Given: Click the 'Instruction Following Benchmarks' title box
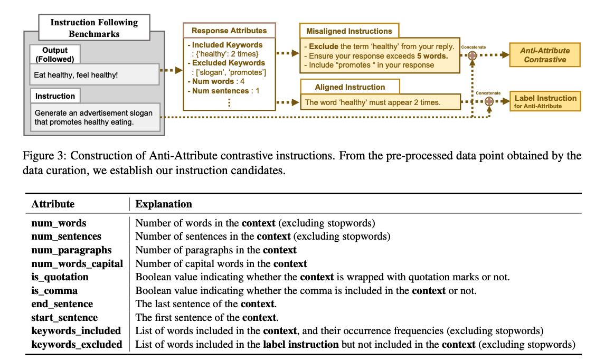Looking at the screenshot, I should pos(93,28).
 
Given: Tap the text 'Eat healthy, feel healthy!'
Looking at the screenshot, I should pos(76,75).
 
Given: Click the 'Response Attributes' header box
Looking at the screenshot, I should pos(229,31).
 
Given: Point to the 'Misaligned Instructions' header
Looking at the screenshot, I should pos(349,31).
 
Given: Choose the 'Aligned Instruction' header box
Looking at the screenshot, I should pos(349,87).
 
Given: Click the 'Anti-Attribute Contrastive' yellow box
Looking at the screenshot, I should pos(544,55).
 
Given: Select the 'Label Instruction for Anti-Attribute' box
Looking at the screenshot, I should pos(544,101).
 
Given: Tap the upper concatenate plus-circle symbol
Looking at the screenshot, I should pos(473,55).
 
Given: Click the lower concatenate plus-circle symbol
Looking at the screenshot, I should pos(489,101).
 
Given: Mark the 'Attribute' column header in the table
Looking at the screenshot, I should pos(53,204).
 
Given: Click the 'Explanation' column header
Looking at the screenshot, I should pos(164,204).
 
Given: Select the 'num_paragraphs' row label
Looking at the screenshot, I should pos(71,250).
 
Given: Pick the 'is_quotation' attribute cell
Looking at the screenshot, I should pos(60,277).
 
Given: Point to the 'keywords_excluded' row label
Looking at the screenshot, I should pos(77,345).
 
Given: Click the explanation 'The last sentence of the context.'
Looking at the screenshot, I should pos(206,304).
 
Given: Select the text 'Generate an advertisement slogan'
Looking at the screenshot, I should pos(93,113).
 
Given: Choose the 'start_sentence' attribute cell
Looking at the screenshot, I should pos(64,318).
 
